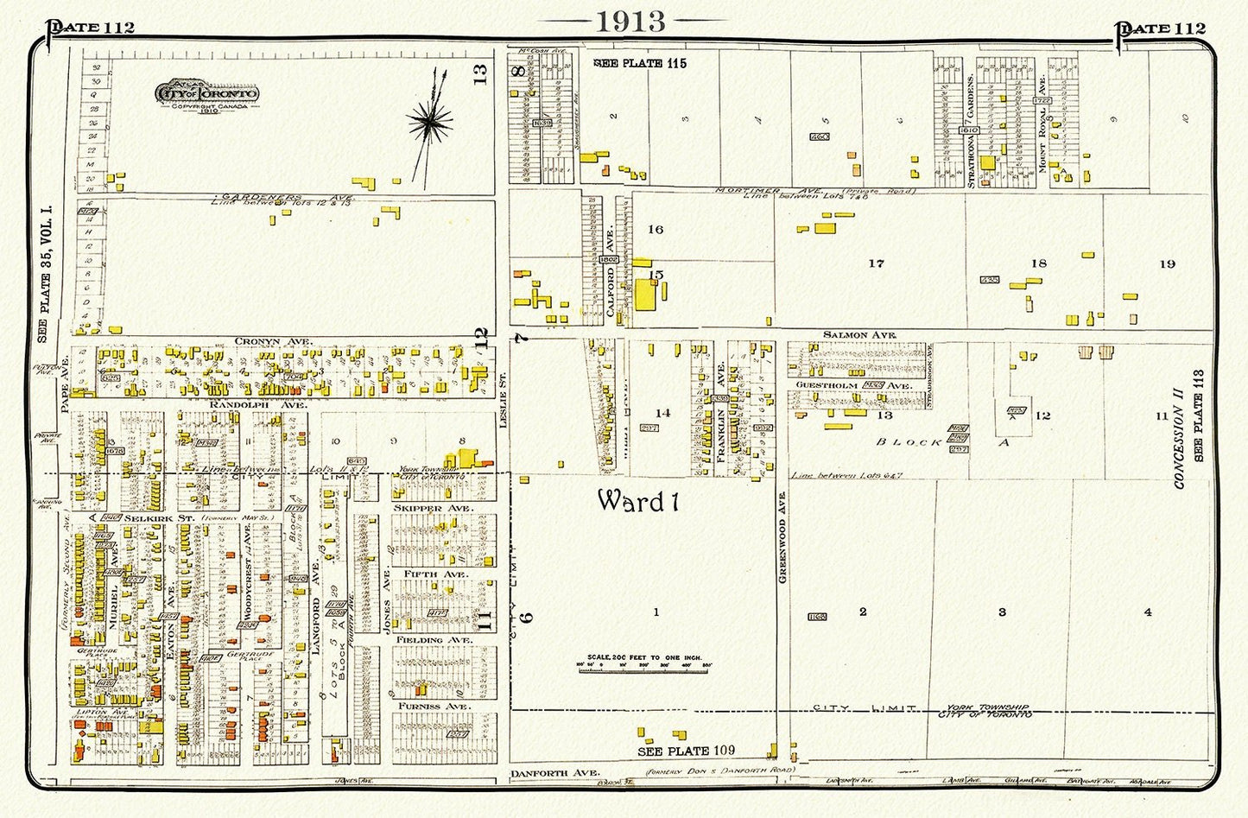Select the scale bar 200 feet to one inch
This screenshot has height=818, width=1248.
point(649,663)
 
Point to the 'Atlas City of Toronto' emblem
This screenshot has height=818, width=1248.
point(206,93)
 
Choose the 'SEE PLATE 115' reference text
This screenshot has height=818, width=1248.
point(641,63)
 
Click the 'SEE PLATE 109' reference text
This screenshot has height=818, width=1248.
point(687,750)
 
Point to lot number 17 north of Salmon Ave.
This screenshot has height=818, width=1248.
point(876,263)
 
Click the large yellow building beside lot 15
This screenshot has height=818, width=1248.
point(645,295)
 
